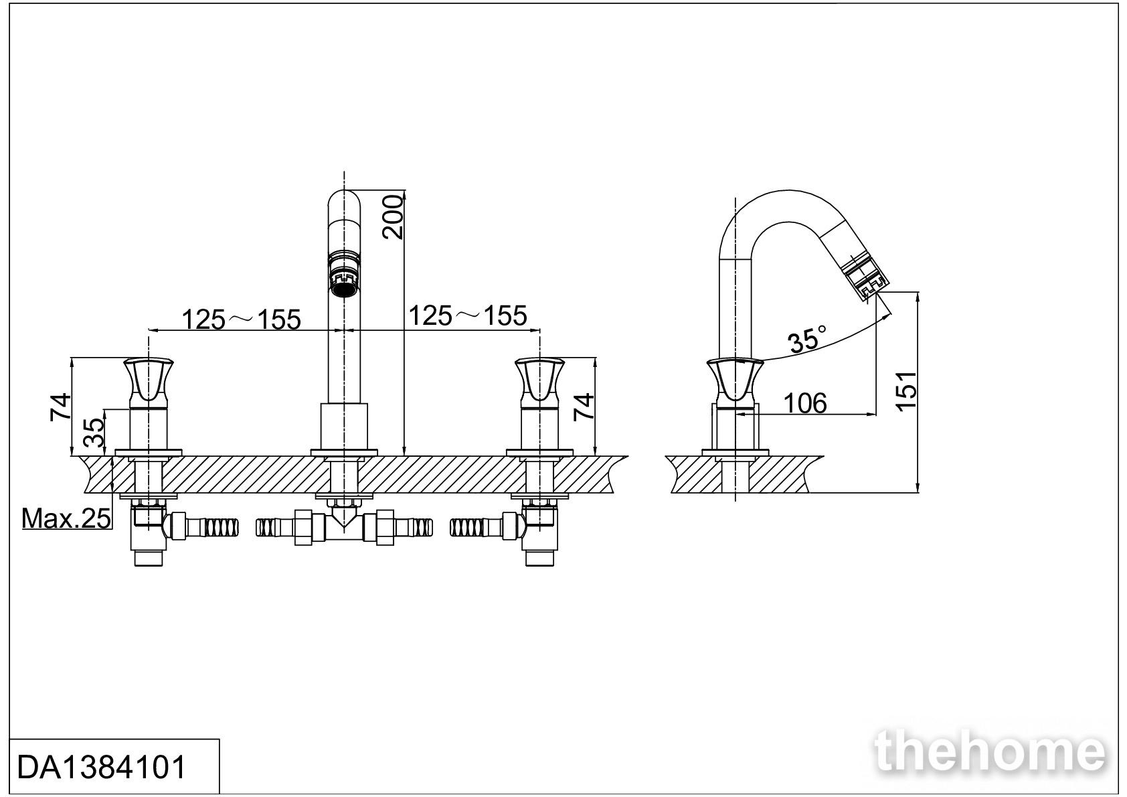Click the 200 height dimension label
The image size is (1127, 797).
tap(393, 217)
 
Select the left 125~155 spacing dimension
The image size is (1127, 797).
tap(241, 319)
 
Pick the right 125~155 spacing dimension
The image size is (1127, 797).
tap(467, 315)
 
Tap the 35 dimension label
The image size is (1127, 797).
tap(94, 433)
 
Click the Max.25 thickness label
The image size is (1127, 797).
tap(66, 518)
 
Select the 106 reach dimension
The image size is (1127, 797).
tap(805, 403)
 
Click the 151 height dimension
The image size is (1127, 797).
tap(907, 391)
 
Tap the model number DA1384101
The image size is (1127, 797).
tap(102, 768)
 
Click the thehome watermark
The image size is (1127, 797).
tap(990, 752)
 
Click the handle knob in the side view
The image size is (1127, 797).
tap(735, 381)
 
